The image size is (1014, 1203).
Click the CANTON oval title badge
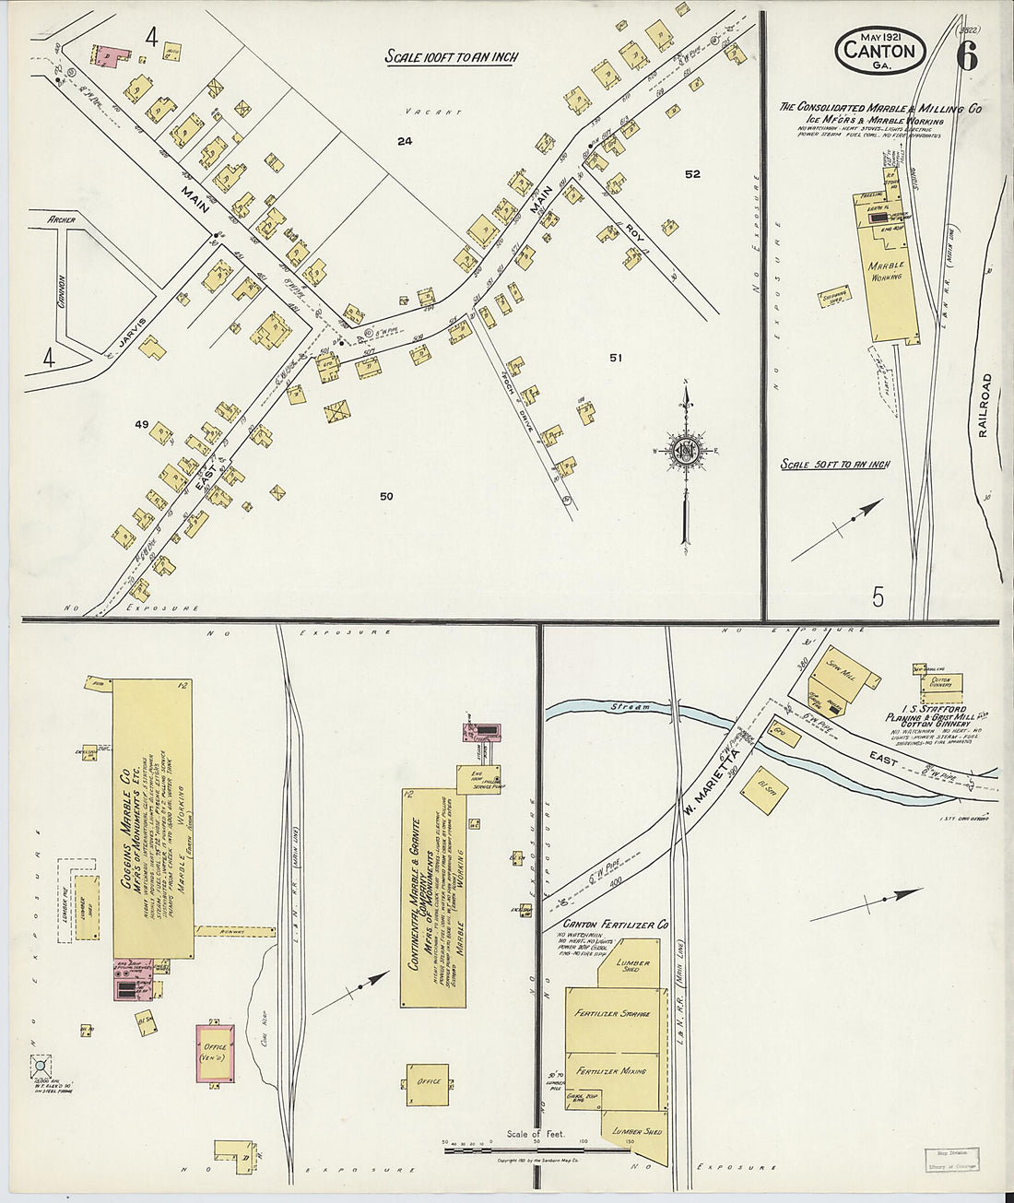coord(880,50)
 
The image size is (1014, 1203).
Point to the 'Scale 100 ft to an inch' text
coord(451,57)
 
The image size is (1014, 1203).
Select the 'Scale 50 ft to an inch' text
coord(835,464)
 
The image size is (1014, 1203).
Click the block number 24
coord(404,141)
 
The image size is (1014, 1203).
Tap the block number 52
coord(692,174)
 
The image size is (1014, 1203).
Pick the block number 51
coord(616,357)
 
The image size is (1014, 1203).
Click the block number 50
coord(386,496)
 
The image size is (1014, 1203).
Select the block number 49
coord(141,424)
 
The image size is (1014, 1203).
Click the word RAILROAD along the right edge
coord(984,406)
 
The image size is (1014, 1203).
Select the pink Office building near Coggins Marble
coord(216,1052)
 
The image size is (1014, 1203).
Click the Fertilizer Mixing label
coord(611,1071)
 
